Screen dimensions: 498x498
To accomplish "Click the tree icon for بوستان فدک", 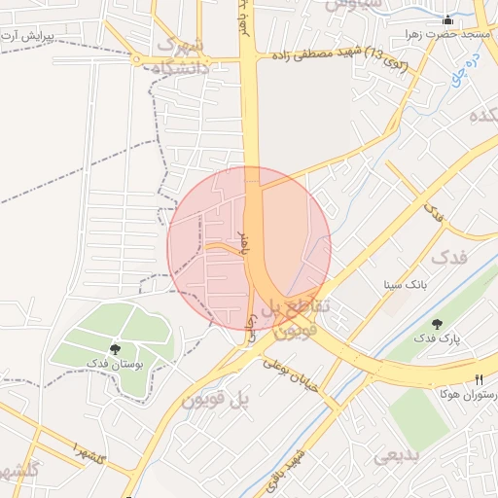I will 115,348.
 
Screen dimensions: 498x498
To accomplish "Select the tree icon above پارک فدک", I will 436,324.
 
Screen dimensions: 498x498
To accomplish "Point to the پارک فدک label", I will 436,339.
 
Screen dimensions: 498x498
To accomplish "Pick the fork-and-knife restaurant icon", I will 479,378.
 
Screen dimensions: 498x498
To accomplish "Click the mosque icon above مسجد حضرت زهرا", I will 447,19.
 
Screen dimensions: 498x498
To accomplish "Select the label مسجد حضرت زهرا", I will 449,34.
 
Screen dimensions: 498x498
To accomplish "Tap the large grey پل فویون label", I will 216,399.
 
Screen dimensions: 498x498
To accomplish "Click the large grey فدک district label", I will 448,258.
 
